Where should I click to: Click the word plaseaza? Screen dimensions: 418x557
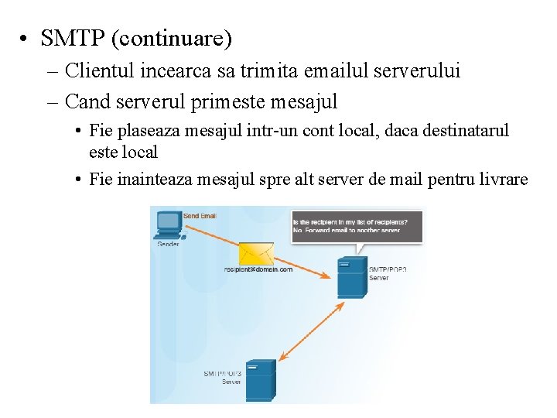coord(148,130)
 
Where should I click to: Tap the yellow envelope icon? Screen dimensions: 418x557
coord(256,253)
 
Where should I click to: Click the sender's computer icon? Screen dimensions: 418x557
coord(167,224)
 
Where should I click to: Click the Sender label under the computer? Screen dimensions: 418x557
coord(169,244)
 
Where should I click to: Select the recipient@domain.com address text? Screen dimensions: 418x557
coord(258,269)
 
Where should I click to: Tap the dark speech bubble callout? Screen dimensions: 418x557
coord(357,225)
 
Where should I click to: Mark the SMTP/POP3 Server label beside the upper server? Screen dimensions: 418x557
coord(387,273)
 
